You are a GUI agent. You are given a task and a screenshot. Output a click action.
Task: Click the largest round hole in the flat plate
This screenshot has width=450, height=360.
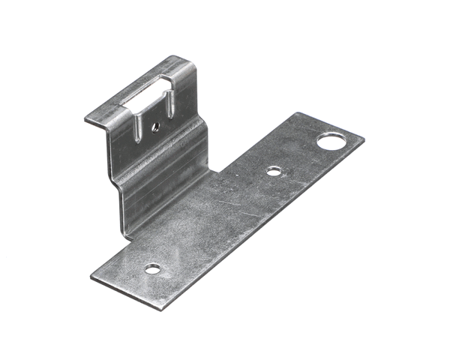tap(328, 140)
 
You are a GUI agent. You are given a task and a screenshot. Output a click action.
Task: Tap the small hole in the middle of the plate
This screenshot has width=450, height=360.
tap(274, 172)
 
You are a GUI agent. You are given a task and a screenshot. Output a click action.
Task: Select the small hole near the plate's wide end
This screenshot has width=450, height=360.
tap(153, 268)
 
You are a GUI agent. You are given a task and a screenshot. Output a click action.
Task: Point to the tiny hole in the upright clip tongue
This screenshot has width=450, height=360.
tap(154, 127)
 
